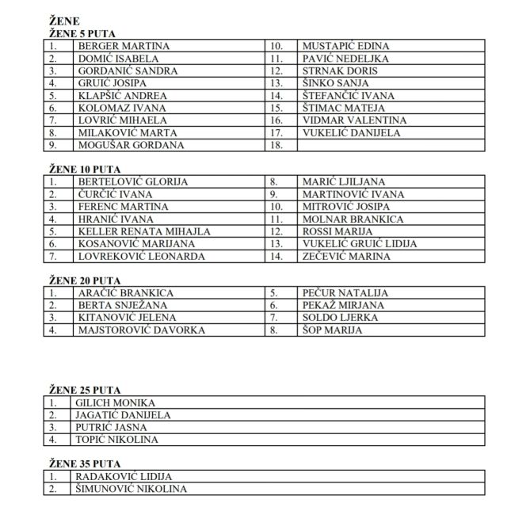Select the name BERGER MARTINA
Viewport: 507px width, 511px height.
click(x=123, y=46)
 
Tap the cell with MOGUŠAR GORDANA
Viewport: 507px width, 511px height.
click(x=130, y=145)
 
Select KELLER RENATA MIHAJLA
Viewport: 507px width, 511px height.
click(x=143, y=231)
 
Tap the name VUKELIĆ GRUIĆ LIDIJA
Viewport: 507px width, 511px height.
click(x=360, y=244)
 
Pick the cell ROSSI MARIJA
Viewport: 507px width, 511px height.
click(x=339, y=231)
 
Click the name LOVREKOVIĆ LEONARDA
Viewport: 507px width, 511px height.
click(x=141, y=256)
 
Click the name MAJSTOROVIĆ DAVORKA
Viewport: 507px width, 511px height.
click(x=141, y=330)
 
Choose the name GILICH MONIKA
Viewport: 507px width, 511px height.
click(x=116, y=402)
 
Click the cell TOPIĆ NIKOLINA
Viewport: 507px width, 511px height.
click(x=117, y=439)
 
